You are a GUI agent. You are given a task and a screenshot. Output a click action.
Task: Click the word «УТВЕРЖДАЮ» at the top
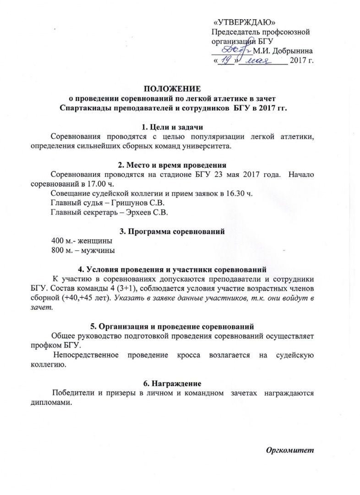245,23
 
